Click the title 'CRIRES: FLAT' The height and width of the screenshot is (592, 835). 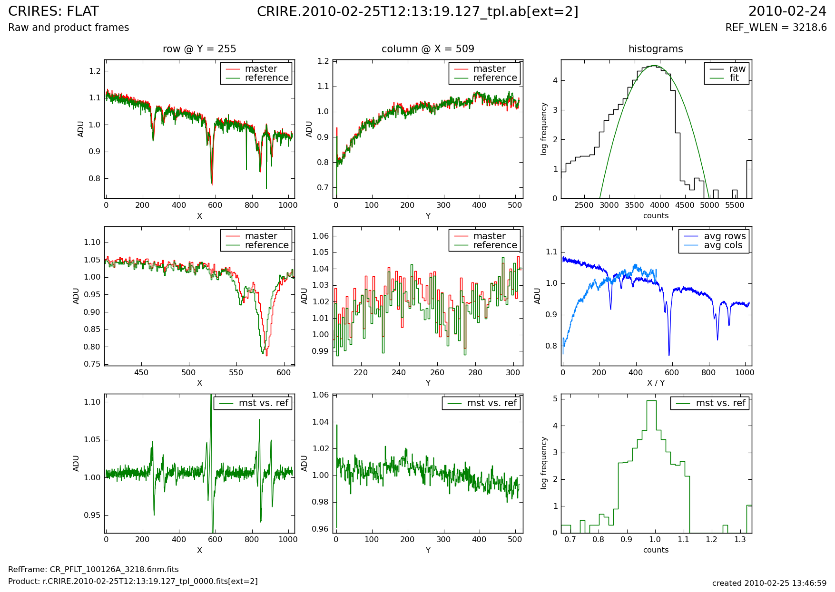[x=53, y=11]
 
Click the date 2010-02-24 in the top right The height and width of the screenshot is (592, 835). [x=787, y=11]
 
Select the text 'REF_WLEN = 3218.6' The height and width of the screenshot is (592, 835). [x=776, y=28]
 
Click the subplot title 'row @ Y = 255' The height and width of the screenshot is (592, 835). [x=199, y=49]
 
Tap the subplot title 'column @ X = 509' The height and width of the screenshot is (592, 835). [x=428, y=49]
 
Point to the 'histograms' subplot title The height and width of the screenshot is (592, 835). [x=656, y=49]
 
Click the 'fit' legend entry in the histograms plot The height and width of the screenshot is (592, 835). [x=734, y=78]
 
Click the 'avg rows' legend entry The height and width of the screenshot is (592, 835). [x=725, y=236]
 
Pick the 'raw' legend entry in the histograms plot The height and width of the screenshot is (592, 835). [x=737, y=69]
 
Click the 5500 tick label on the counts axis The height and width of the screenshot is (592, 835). [x=735, y=205]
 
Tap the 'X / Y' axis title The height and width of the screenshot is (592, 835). [x=656, y=383]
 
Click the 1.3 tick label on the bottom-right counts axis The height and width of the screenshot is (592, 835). [x=740, y=540]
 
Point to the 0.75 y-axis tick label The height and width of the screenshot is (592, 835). [x=92, y=364]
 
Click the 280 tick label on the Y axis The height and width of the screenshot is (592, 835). [x=475, y=373]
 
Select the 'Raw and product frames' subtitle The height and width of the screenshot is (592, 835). [x=69, y=28]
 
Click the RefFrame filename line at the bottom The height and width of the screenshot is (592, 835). [x=93, y=570]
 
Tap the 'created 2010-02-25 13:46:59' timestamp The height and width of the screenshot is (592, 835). [x=769, y=583]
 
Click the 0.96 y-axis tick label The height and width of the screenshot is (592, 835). [x=320, y=529]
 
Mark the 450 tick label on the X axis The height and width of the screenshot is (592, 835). [x=141, y=373]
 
